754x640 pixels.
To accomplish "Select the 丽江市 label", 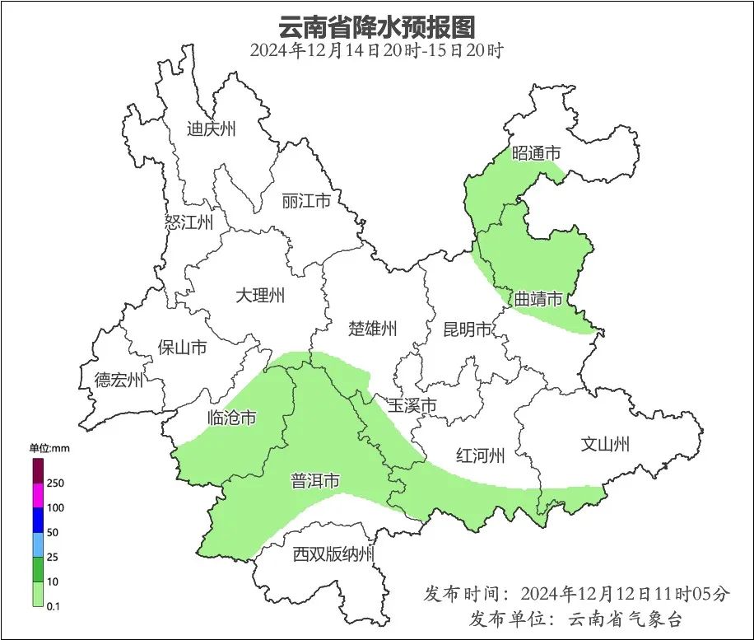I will [x=305, y=201].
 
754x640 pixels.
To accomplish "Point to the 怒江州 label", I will [x=188, y=222].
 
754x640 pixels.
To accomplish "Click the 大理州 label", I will [x=260, y=295].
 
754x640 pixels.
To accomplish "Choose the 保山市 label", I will [x=182, y=348].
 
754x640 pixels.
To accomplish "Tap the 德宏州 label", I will [x=119, y=380].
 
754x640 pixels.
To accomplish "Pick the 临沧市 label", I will [x=231, y=418].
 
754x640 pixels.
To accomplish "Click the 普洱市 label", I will [x=315, y=481].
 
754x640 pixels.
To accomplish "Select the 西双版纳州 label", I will [x=333, y=554].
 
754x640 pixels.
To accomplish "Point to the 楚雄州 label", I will [x=372, y=329].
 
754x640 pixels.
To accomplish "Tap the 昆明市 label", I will [x=468, y=330].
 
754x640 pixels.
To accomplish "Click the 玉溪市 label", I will [x=412, y=405].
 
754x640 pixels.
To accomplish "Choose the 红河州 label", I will [x=480, y=455].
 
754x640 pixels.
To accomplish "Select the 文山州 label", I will [x=605, y=445].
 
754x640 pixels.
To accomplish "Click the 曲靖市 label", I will [x=538, y=298].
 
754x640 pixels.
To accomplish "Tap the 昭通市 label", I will [x=536, y=153].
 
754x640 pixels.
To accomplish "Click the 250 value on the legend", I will [x=56, y=483].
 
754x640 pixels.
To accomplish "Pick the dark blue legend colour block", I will [x=38, y=520].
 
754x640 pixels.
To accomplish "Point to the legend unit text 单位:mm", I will [x=51, y=449].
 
